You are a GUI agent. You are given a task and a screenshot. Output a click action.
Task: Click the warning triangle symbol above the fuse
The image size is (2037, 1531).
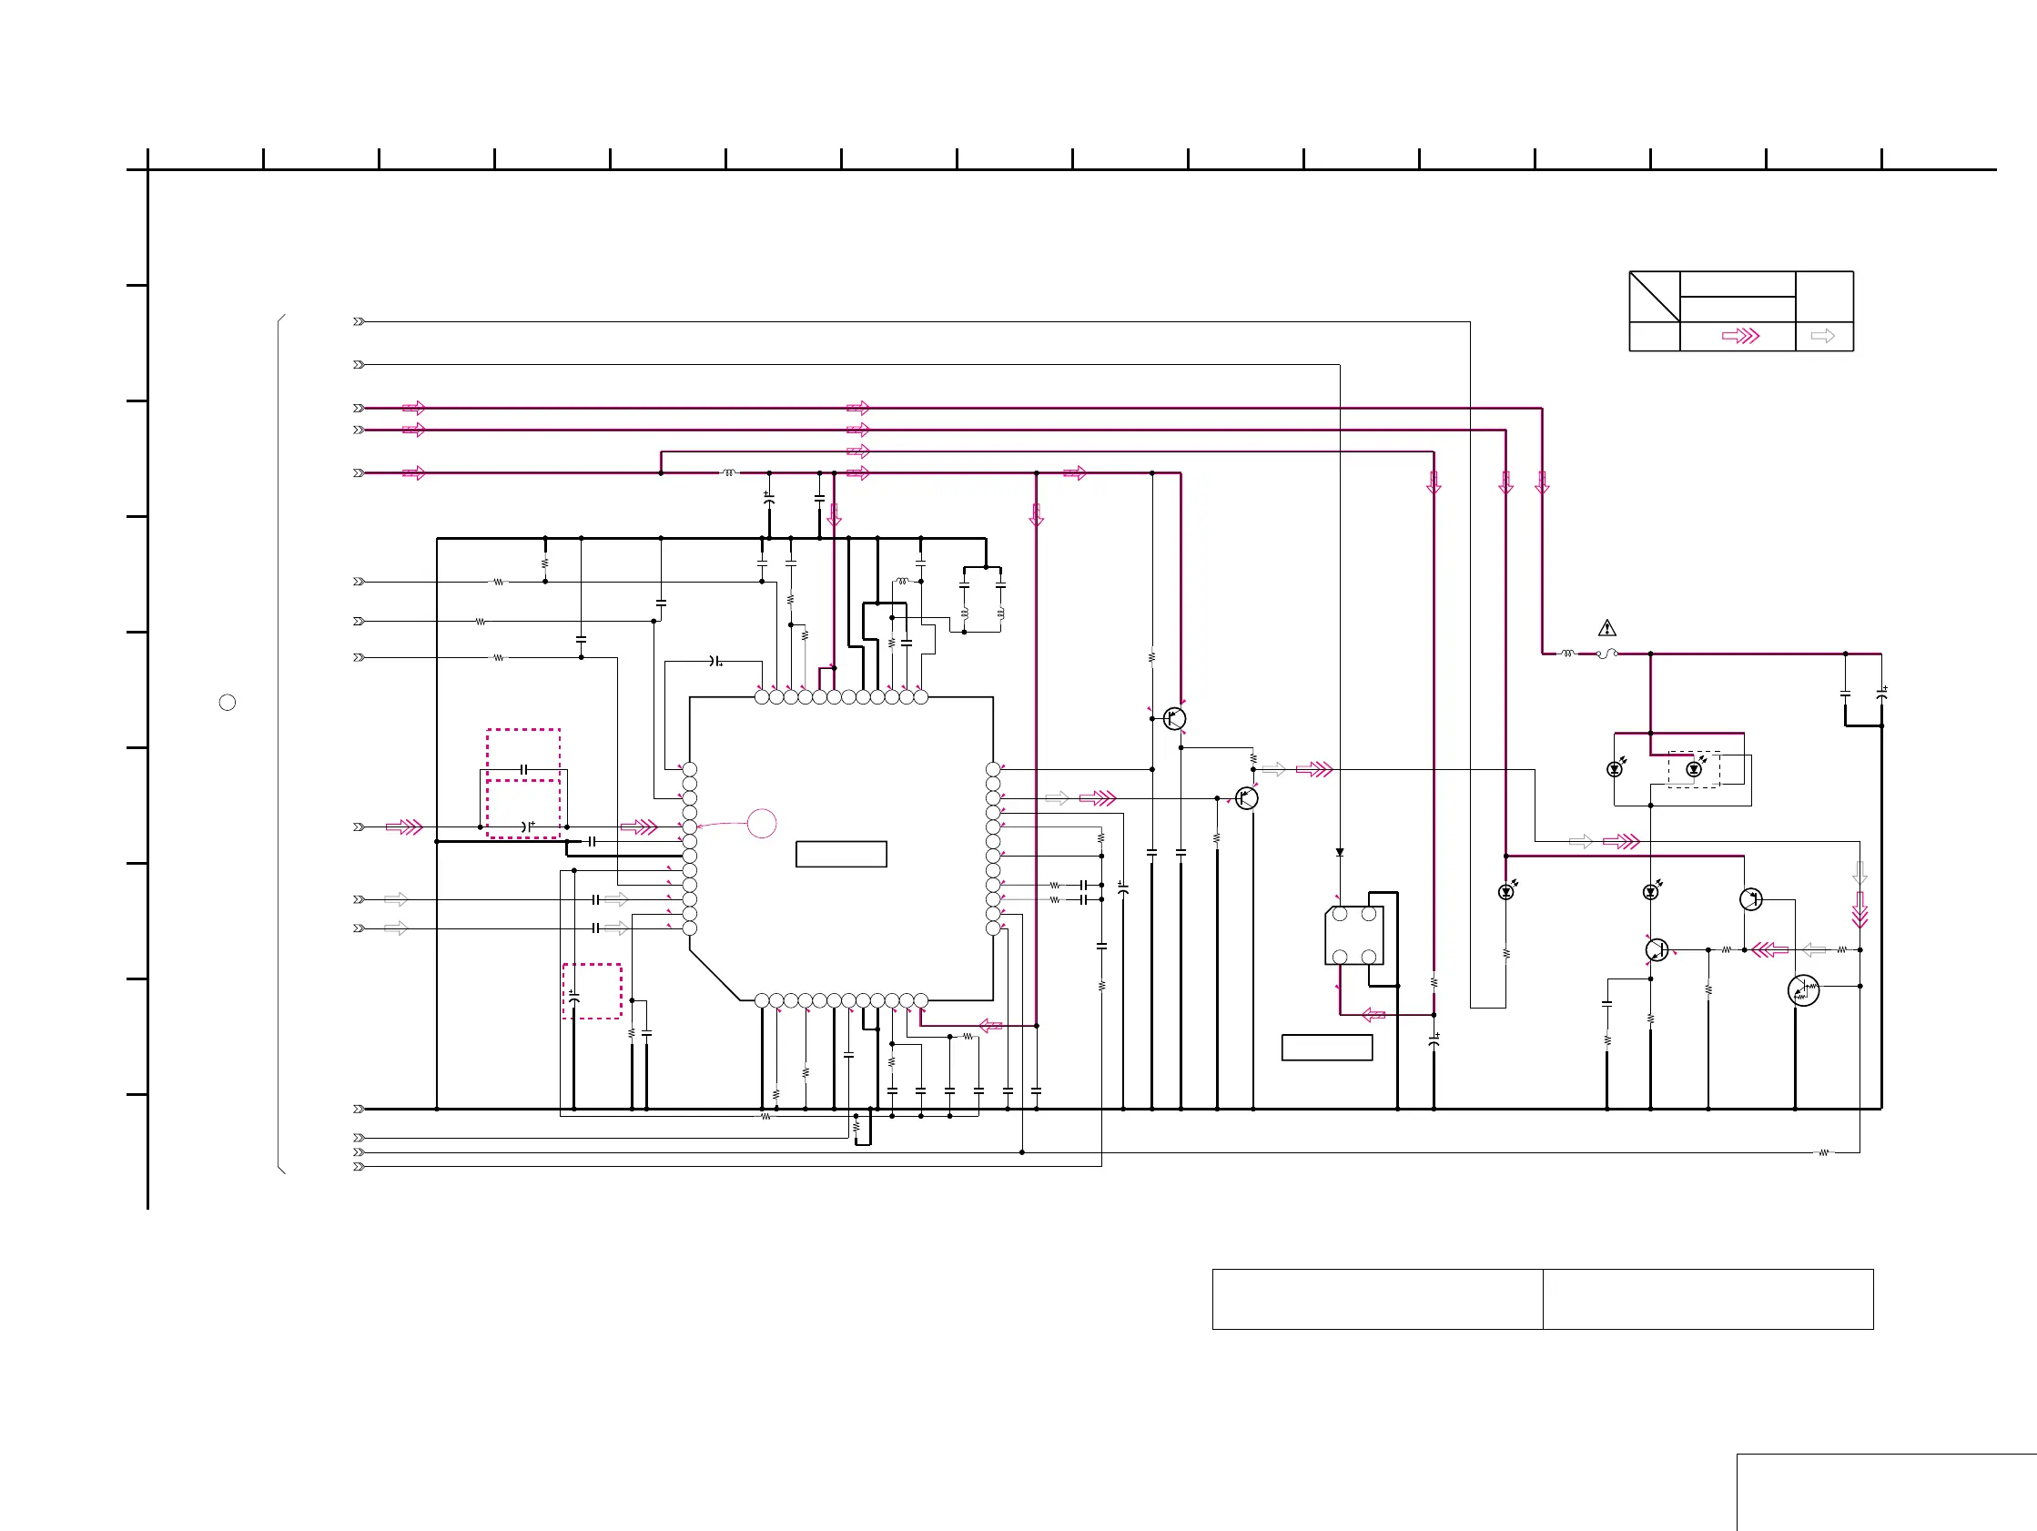(x=1607, y=628)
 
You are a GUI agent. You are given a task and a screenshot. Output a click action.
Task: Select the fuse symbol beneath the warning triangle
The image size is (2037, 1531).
(x=1607, y=654)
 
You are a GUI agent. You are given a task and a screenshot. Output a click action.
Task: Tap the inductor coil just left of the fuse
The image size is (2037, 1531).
(x=1567, y=654)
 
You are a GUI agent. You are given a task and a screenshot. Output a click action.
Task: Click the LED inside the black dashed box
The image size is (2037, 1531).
(x=1694, y=769)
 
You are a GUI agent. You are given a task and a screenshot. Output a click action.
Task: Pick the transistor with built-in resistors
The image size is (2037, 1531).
(x=1803, y=990)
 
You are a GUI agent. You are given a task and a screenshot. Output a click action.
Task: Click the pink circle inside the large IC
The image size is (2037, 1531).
(x=762, y=824)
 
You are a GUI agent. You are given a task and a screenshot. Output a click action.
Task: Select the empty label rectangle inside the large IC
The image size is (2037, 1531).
(x=841, y=854)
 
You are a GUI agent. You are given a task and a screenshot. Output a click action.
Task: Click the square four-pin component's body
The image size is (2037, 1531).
(x=1353, y=936)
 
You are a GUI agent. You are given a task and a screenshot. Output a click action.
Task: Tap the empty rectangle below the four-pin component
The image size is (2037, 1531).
(x=1327, y=1048)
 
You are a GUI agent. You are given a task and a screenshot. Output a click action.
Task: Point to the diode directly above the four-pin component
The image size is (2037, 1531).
(x=1340, y=853)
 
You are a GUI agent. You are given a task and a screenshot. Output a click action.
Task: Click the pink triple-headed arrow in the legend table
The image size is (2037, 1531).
(x=1740, y=336)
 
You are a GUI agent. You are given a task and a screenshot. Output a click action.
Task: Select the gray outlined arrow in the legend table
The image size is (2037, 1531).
(x=1822, y=336)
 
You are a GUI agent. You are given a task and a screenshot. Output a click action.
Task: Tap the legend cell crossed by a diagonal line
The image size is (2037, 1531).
(x=1654, y=296)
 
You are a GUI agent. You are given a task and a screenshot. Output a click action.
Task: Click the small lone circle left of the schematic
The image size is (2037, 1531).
(x=228, y=703)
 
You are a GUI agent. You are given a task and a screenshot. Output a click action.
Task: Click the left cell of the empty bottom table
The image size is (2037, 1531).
(x=1377, y=1299)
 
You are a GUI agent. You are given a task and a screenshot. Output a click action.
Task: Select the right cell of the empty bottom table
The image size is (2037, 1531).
(x=1708, y=1299)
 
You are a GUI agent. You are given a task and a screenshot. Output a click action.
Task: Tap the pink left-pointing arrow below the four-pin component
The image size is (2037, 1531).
(x=1373, y=1015)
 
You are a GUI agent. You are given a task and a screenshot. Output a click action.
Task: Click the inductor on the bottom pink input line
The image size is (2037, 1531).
(x=729, y=473)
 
